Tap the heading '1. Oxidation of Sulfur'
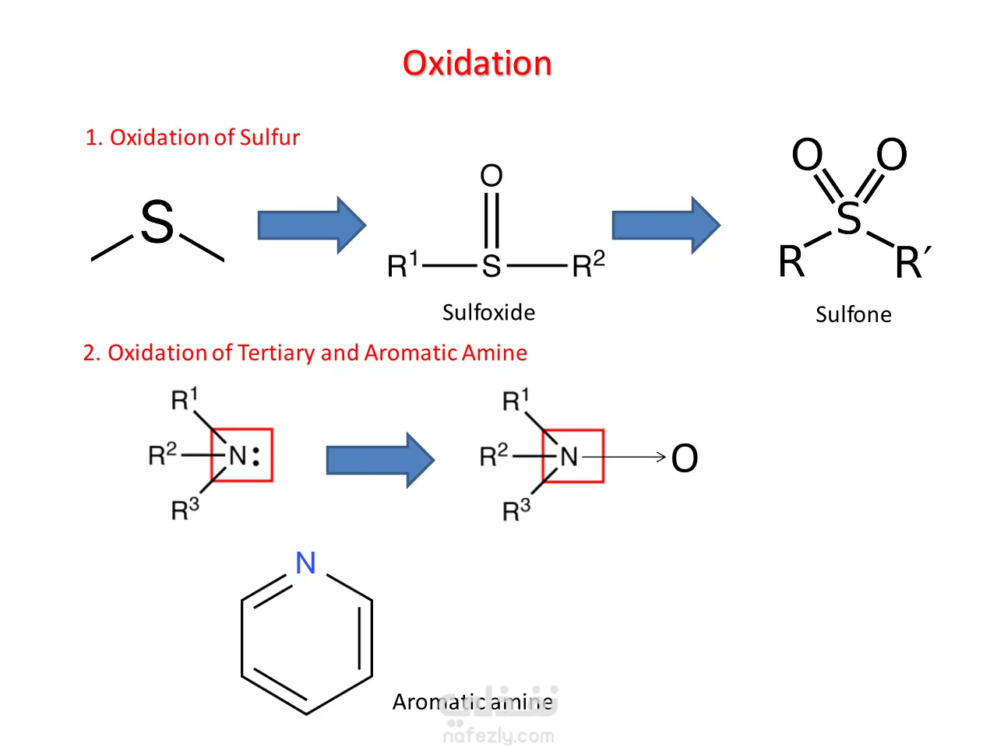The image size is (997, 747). tap(192, 137)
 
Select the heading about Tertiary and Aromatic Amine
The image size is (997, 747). tap(305, 352)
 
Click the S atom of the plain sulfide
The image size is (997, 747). tap(157, 222)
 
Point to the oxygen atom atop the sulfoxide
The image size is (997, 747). tap(491, 176)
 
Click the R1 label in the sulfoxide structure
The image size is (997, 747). tap(402, 264)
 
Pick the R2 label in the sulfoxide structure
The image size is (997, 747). tap(588, 264)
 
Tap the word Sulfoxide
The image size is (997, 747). tap(488, 313)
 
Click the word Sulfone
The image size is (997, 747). tap(854, 314)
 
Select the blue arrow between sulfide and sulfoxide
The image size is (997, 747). tap(312, 225)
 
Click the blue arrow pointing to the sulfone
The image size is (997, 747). tap(666, 225)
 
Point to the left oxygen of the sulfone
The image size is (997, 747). tap(807, 154)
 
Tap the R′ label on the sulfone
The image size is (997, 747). tap(913, 261)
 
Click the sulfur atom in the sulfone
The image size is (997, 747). tap(848, 218)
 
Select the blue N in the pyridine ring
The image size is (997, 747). tap(305, 563)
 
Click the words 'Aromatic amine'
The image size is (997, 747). tap(472, 702)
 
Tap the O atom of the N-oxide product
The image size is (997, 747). tap(685, 458)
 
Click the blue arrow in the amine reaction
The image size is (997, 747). tap(380, 461)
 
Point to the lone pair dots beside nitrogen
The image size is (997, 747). tap(256, 457)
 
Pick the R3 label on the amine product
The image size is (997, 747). tap(516, 510)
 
